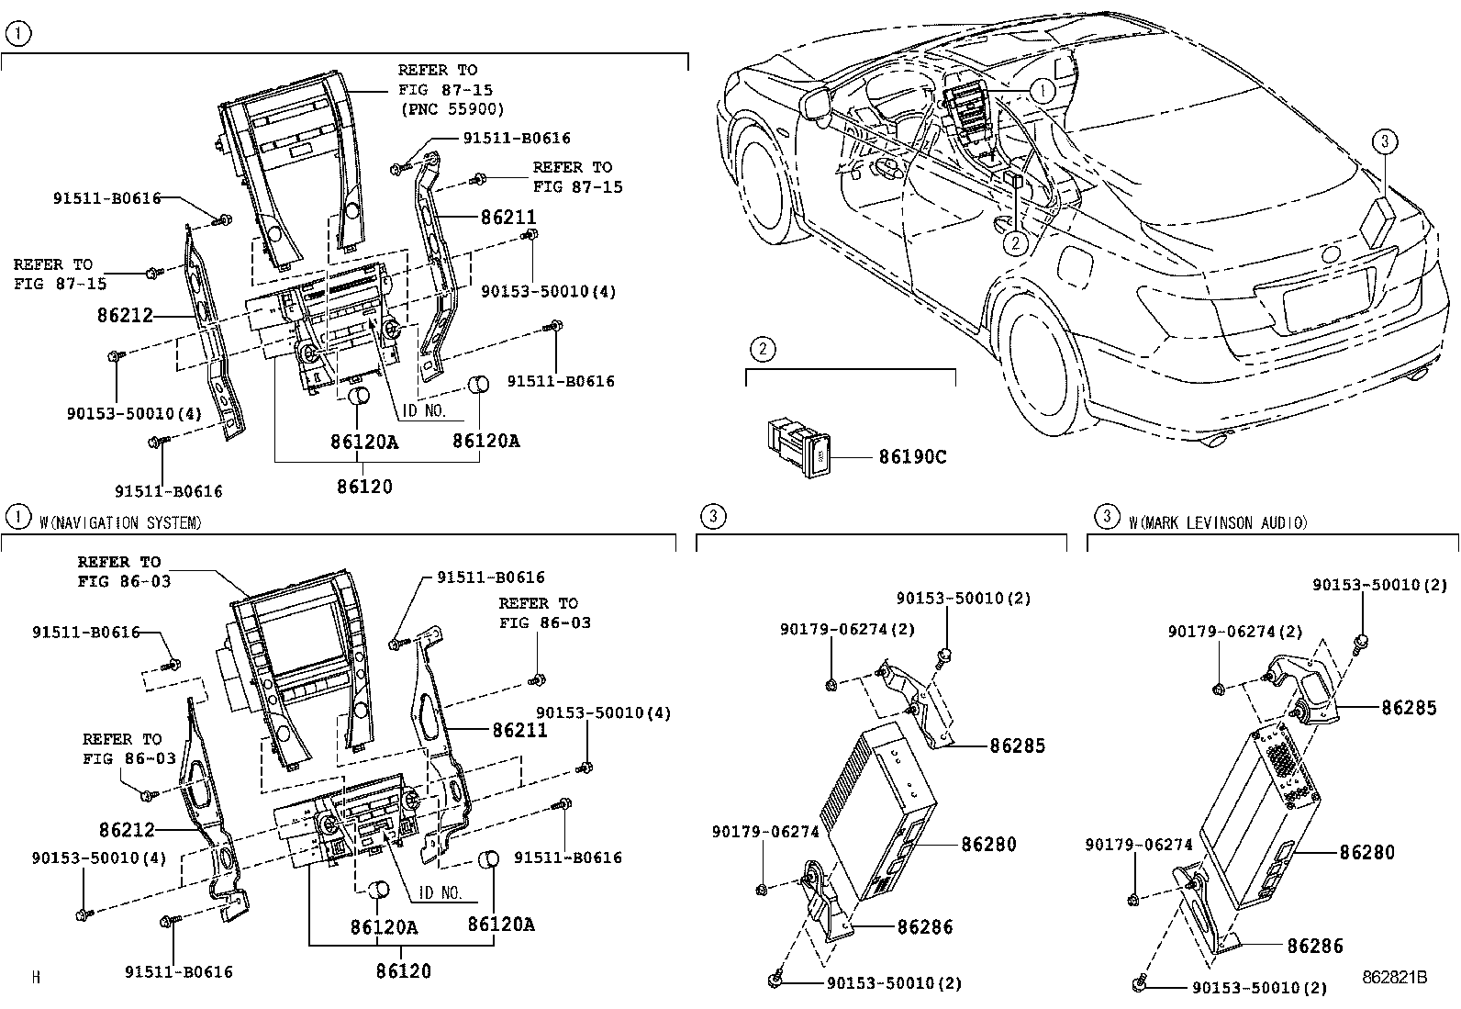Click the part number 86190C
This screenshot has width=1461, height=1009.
911,456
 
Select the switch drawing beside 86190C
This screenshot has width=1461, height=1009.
799,447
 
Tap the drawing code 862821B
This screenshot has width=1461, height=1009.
1394,978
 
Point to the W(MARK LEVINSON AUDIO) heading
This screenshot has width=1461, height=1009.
1217,522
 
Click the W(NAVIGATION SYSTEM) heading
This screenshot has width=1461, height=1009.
120,522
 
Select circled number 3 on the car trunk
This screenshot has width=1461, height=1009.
1385,141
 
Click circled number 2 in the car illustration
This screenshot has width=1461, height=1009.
1015,243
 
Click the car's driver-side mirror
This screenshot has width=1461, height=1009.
816,103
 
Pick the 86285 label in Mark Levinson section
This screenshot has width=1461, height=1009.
1409,708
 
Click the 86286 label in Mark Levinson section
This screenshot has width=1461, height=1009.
1314,946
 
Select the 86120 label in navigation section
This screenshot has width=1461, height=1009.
403,970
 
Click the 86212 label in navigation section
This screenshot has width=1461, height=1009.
127,830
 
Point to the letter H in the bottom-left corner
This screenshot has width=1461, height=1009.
36,978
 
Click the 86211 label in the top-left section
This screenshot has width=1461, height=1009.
508,218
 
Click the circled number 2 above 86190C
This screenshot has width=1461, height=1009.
761,348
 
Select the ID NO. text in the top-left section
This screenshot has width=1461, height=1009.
425,410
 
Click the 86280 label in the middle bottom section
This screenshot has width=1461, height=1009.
988,844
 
